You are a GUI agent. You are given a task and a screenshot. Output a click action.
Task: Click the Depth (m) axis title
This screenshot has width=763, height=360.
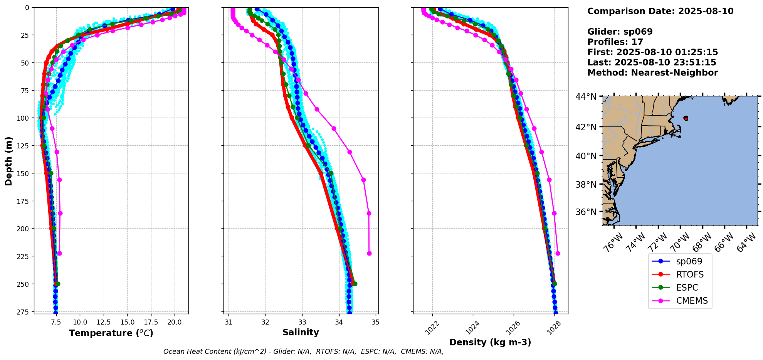tap(8, 161)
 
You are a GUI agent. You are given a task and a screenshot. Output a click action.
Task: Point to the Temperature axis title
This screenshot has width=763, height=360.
tap(111, 333)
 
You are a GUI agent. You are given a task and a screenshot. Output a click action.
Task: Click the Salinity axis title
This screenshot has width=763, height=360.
tap(301, 332)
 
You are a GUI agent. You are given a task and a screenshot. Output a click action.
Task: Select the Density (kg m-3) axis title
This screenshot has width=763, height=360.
tap(490, 342)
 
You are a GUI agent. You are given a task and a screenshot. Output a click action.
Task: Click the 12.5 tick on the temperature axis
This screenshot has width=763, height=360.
tap(104, 322)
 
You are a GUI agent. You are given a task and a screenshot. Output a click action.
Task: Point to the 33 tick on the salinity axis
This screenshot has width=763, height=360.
tap(302, 322)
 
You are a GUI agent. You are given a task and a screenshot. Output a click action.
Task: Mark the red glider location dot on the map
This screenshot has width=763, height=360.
tap(686, 118)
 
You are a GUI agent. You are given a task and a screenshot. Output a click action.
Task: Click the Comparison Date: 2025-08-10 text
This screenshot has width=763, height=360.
tap(660, 11)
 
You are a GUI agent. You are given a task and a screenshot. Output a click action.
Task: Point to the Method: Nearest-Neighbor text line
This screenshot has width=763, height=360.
tap(652, 73)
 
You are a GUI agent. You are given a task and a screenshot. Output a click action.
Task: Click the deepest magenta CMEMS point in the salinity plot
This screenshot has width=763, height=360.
tap(369, 253)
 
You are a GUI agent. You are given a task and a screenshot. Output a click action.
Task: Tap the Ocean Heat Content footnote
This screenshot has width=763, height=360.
tap(303, 352)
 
